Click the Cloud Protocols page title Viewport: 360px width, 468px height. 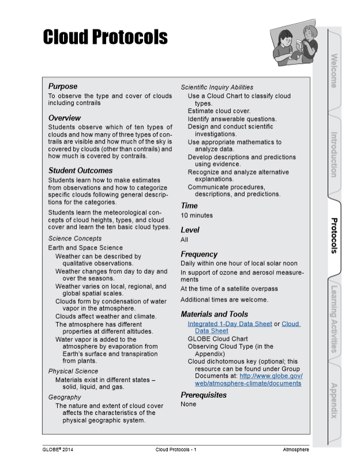(105, 37)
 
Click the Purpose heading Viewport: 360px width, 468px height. (62, 86)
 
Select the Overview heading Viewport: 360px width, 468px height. (65, 118)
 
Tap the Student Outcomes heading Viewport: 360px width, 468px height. (80, 171)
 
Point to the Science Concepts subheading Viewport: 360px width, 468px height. (74, 239)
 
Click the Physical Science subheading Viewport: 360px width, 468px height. (73, 372)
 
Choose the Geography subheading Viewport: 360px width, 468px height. (65, 398)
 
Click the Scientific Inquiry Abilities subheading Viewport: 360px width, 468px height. (217, 88)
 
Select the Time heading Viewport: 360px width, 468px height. (189, 206)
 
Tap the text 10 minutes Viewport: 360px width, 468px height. (197, 216)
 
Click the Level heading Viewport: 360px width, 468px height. (190, 230)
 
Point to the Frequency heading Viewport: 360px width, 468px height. (199, 254)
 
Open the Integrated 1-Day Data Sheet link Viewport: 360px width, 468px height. (230, 324)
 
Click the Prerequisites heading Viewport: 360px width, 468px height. (204, 395)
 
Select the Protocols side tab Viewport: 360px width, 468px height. (334, 235)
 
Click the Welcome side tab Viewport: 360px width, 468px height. (334, 70)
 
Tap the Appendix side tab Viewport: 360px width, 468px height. (334, 400)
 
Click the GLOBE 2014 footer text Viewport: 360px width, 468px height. (58, 449)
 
